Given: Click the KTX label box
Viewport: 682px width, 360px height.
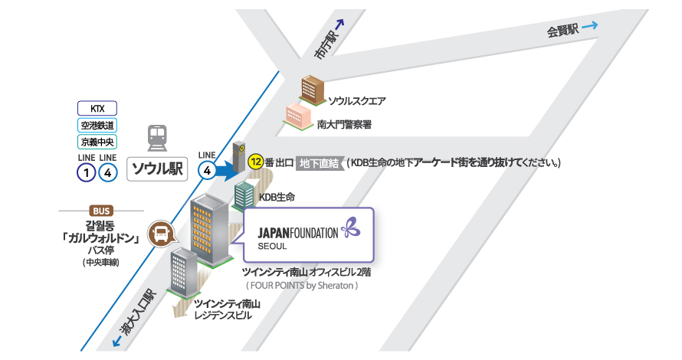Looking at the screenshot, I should pos(97,108).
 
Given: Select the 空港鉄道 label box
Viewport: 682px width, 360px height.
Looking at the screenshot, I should pos(97,125).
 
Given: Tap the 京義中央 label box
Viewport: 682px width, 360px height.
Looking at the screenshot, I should pos(97,141).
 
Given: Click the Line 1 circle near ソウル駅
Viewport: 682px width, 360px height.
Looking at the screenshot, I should pos(87,172).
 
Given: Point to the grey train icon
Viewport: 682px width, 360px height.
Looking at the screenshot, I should pos(157,139).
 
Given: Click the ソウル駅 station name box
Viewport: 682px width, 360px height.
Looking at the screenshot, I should pos(157,169).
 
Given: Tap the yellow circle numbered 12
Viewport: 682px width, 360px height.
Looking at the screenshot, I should pos(257,162).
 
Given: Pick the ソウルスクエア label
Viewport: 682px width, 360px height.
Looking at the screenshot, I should pos(357,100).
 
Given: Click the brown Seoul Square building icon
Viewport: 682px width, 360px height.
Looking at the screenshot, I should pos(313,89).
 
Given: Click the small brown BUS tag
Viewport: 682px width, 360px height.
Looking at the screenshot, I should pos(100,211).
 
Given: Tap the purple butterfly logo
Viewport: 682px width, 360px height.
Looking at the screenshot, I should pos(350,227).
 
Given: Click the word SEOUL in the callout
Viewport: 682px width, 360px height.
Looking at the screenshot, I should pos(272,247).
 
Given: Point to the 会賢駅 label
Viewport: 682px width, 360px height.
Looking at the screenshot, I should pos(562,31).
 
